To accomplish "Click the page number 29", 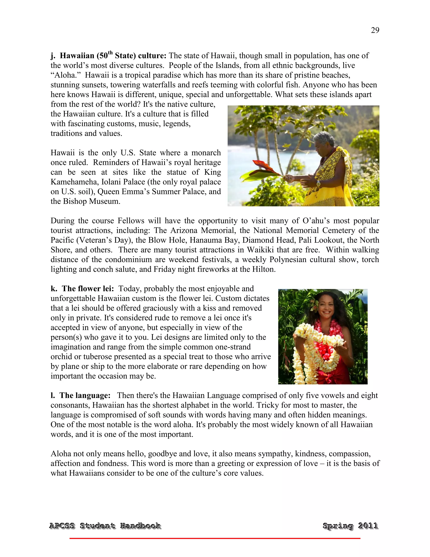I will (375, 30).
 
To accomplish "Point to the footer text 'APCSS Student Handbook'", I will (105, 526).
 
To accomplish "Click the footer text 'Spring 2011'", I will (350, 526).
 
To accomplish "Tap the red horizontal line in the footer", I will (215, 538).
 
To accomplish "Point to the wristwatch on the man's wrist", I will (319, 183).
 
